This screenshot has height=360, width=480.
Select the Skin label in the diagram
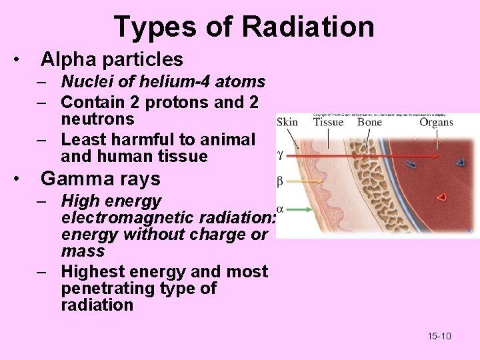point(287,122)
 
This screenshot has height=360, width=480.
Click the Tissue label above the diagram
point(328,122)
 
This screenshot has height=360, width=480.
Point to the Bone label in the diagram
point(369,122)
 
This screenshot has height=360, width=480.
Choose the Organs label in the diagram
point(437,122)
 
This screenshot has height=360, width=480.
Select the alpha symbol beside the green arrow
point(280,209)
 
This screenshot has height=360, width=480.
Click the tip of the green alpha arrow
point(312,209)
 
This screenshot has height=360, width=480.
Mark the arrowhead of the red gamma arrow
point(438,157)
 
